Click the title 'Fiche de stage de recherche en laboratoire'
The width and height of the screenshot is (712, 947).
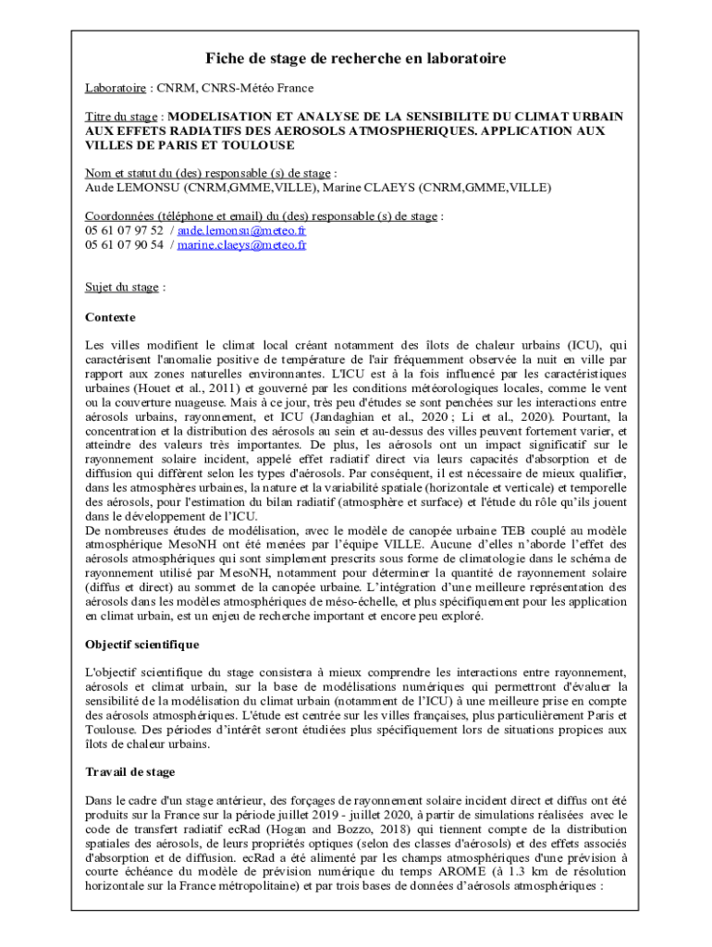(355, 59)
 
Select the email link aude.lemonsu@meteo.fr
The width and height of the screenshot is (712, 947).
(241, 230)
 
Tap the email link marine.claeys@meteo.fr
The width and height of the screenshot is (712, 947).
(241, 245)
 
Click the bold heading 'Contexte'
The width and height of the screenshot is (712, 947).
(110, 317)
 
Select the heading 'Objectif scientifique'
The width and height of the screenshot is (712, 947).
(141, 644)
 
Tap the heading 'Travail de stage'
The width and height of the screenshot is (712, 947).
(129, 771)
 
